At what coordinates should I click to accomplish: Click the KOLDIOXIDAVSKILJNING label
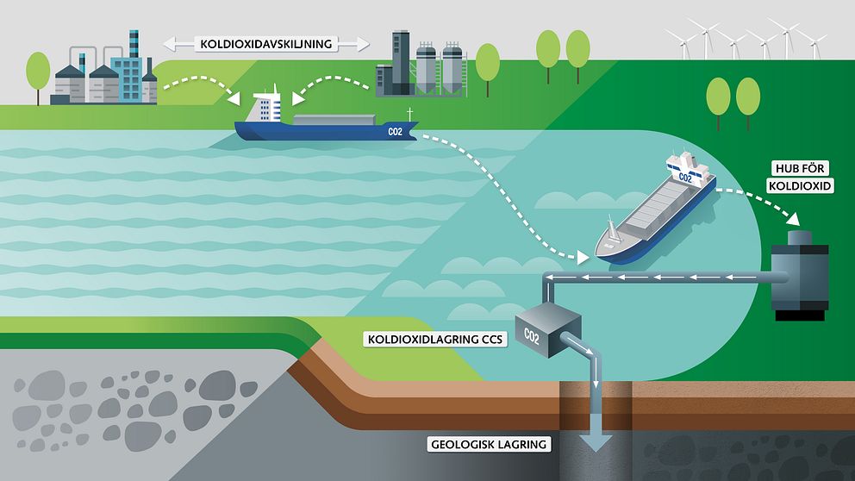(x=266, y=44)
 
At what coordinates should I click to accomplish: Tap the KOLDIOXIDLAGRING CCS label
(x=435, y=340)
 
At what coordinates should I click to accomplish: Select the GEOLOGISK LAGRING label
(x=489, y=445)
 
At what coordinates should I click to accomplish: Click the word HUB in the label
(x=786, y=168)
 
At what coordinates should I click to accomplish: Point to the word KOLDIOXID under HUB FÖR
(x=800, y=186)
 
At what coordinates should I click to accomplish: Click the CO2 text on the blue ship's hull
(x=396, y=131)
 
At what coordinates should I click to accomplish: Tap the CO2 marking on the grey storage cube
(x=531, y=336)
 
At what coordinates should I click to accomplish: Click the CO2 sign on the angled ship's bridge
(x=685, y=178)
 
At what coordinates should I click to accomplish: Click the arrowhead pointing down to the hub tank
(x=793, y=218)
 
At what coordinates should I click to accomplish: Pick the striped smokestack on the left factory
(x=134, y=44)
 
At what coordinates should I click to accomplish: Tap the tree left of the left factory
(x=38, y=78)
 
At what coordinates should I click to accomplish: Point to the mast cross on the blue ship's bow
(x=409, y=114)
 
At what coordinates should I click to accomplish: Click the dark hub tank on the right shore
(x=799, y=275)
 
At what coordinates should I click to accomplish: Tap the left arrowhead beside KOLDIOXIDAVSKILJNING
(x=170, y=44)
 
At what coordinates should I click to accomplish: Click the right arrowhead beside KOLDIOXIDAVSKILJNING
(x=363, y=44)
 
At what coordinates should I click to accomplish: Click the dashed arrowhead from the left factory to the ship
(x=234, y=99)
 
